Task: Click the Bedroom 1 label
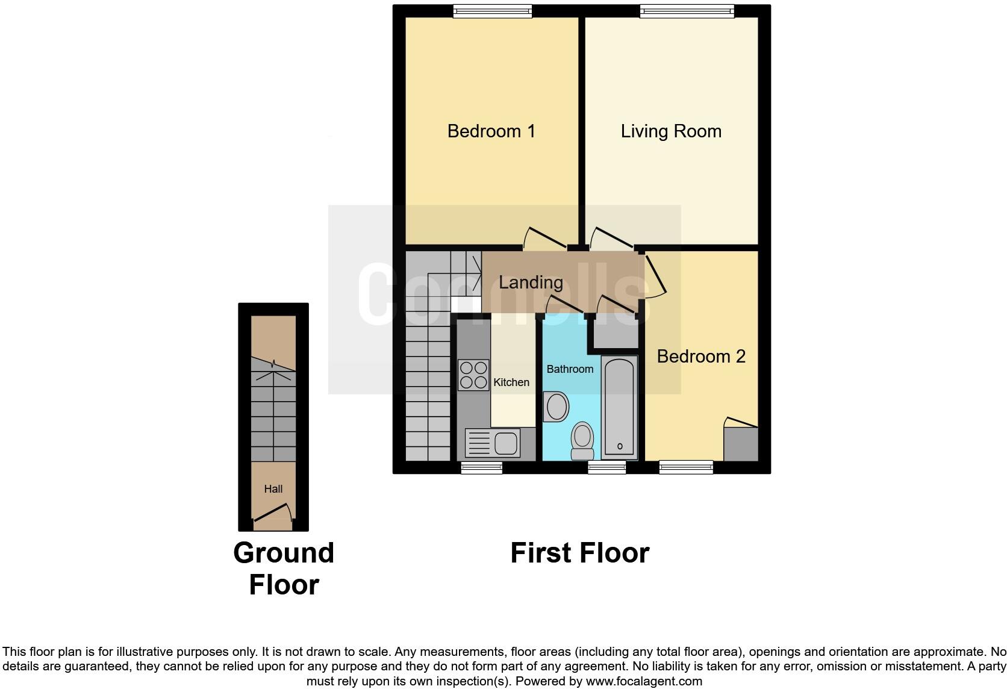tap(491, 131)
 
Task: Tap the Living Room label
tap(671, 131)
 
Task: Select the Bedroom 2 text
tap(700, 356)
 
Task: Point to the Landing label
tap(531, 282)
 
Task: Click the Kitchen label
tap(511, 382)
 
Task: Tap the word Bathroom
tap(570, 369)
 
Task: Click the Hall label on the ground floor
tap(273, 489)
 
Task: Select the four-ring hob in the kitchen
tap(473, 375)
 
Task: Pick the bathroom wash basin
tap(556, 407)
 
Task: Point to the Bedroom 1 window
tap(492, 10)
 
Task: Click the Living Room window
tap(687, 10)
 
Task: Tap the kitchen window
tap(481, 467)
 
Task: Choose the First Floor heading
tap(579, 553)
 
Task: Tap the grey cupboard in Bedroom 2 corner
tap(740, 444)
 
